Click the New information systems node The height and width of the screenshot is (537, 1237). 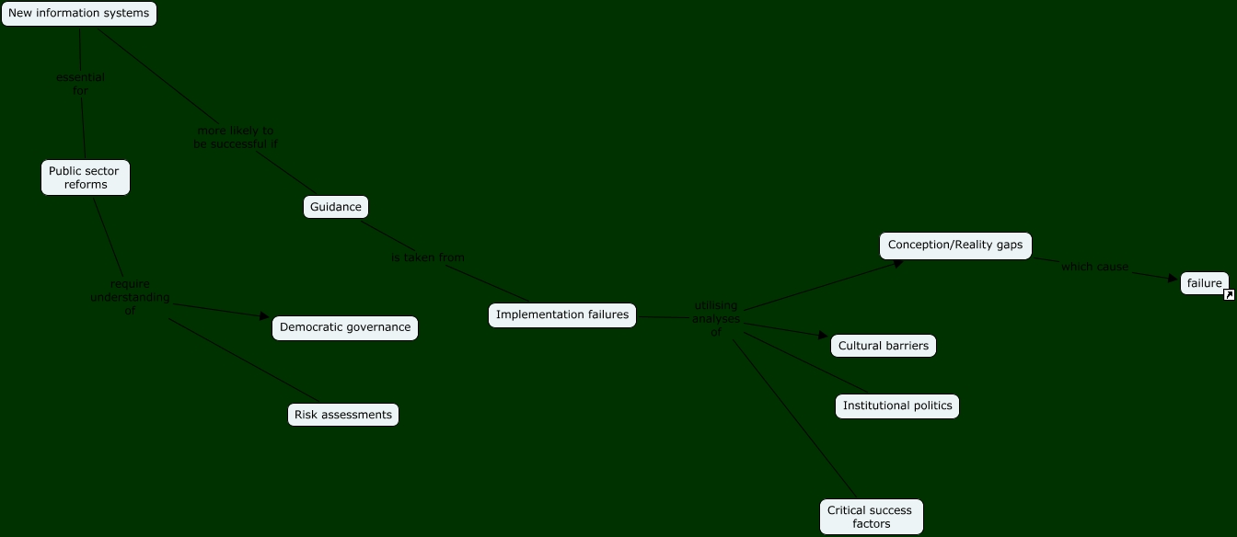click(79, 14)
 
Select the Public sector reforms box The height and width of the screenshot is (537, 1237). click(86, 177)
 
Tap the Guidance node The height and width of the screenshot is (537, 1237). click(336, 207)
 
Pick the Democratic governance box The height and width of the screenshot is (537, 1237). click(345, 328)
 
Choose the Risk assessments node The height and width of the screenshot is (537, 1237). click(343, 415)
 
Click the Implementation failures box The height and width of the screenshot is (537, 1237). click(562, 315)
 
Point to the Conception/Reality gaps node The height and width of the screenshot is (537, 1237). click(955, 246)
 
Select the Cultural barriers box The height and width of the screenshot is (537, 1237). click(884, 346)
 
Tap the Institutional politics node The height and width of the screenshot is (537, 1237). click(897, 406)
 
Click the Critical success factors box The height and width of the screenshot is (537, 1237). click(871, 517)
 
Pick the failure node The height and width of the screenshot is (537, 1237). click(1204, 283)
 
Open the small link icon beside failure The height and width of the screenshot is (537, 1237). click(1229, 295)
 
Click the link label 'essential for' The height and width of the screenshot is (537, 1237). click(80, 84)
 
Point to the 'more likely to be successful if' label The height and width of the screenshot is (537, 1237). click(236, 137)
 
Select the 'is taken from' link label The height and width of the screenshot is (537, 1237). click(428, 257)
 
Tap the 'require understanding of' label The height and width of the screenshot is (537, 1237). click(130, 297)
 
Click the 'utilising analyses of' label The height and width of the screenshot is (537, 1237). click(716, 318)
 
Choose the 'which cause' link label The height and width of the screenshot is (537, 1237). click(1094, 267)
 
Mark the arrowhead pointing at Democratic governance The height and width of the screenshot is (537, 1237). click(265, 317)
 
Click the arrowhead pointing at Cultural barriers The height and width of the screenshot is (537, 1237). click(824, 337)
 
